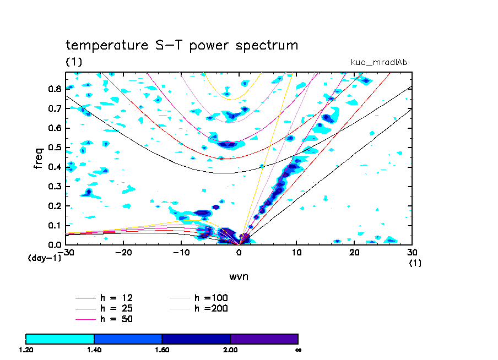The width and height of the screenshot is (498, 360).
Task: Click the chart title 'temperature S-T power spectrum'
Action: click(182, 45)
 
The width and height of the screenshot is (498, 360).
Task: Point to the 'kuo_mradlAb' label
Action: click(378, 62)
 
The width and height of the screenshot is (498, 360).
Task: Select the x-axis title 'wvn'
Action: click(239, 276)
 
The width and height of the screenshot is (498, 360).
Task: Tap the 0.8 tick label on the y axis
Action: click(55, 89)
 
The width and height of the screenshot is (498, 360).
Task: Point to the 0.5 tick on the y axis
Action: click(55, 148)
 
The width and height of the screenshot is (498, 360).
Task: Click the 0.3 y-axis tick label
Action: click(55, 187)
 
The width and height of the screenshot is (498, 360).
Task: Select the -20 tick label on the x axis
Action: click(123, 252)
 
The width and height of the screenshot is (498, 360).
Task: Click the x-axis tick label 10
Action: click(296, 252)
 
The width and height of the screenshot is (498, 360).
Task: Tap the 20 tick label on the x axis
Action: click(354, 252)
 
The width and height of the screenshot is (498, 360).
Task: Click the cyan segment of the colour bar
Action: click(60, 339)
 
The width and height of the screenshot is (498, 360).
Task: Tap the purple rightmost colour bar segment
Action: click(264, 339)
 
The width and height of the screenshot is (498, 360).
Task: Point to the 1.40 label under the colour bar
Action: click(94, 350)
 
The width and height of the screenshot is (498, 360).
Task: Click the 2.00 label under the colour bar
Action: click(230, 350)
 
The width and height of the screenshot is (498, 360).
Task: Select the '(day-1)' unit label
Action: click(44, 258)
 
